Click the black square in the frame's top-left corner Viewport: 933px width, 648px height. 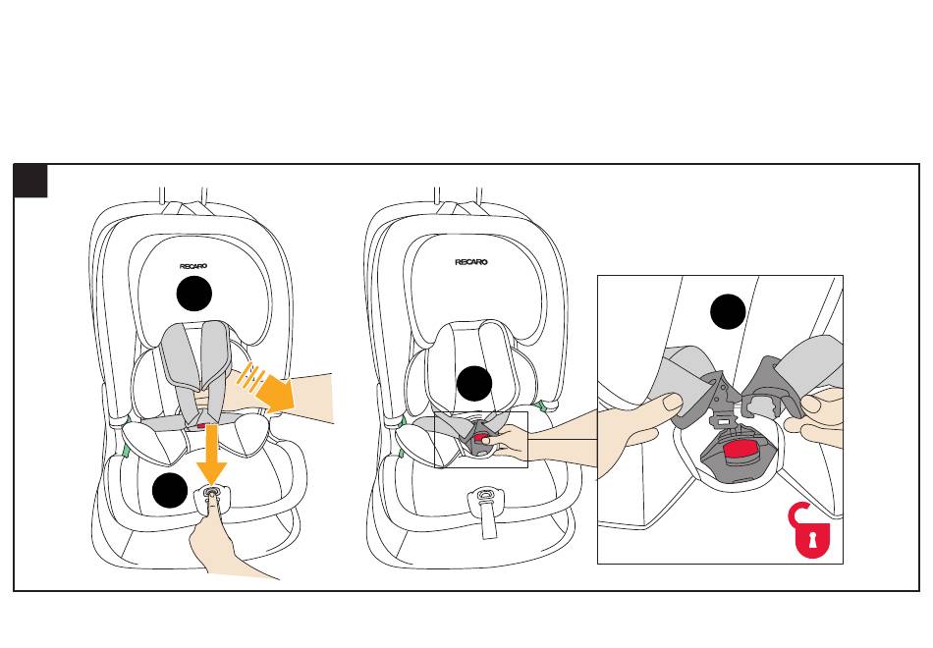point(30,181)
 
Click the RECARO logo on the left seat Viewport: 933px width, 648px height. point(196,265)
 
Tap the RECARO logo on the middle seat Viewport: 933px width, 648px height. point(471,262)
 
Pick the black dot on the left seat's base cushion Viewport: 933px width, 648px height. point(169,490)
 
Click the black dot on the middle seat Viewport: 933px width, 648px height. point(474,383)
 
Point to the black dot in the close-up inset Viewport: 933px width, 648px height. point(729,312)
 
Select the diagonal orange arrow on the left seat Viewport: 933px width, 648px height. point(269,391)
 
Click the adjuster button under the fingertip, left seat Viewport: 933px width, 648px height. point(212,497)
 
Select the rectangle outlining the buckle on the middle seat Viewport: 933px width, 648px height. point(481,440)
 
